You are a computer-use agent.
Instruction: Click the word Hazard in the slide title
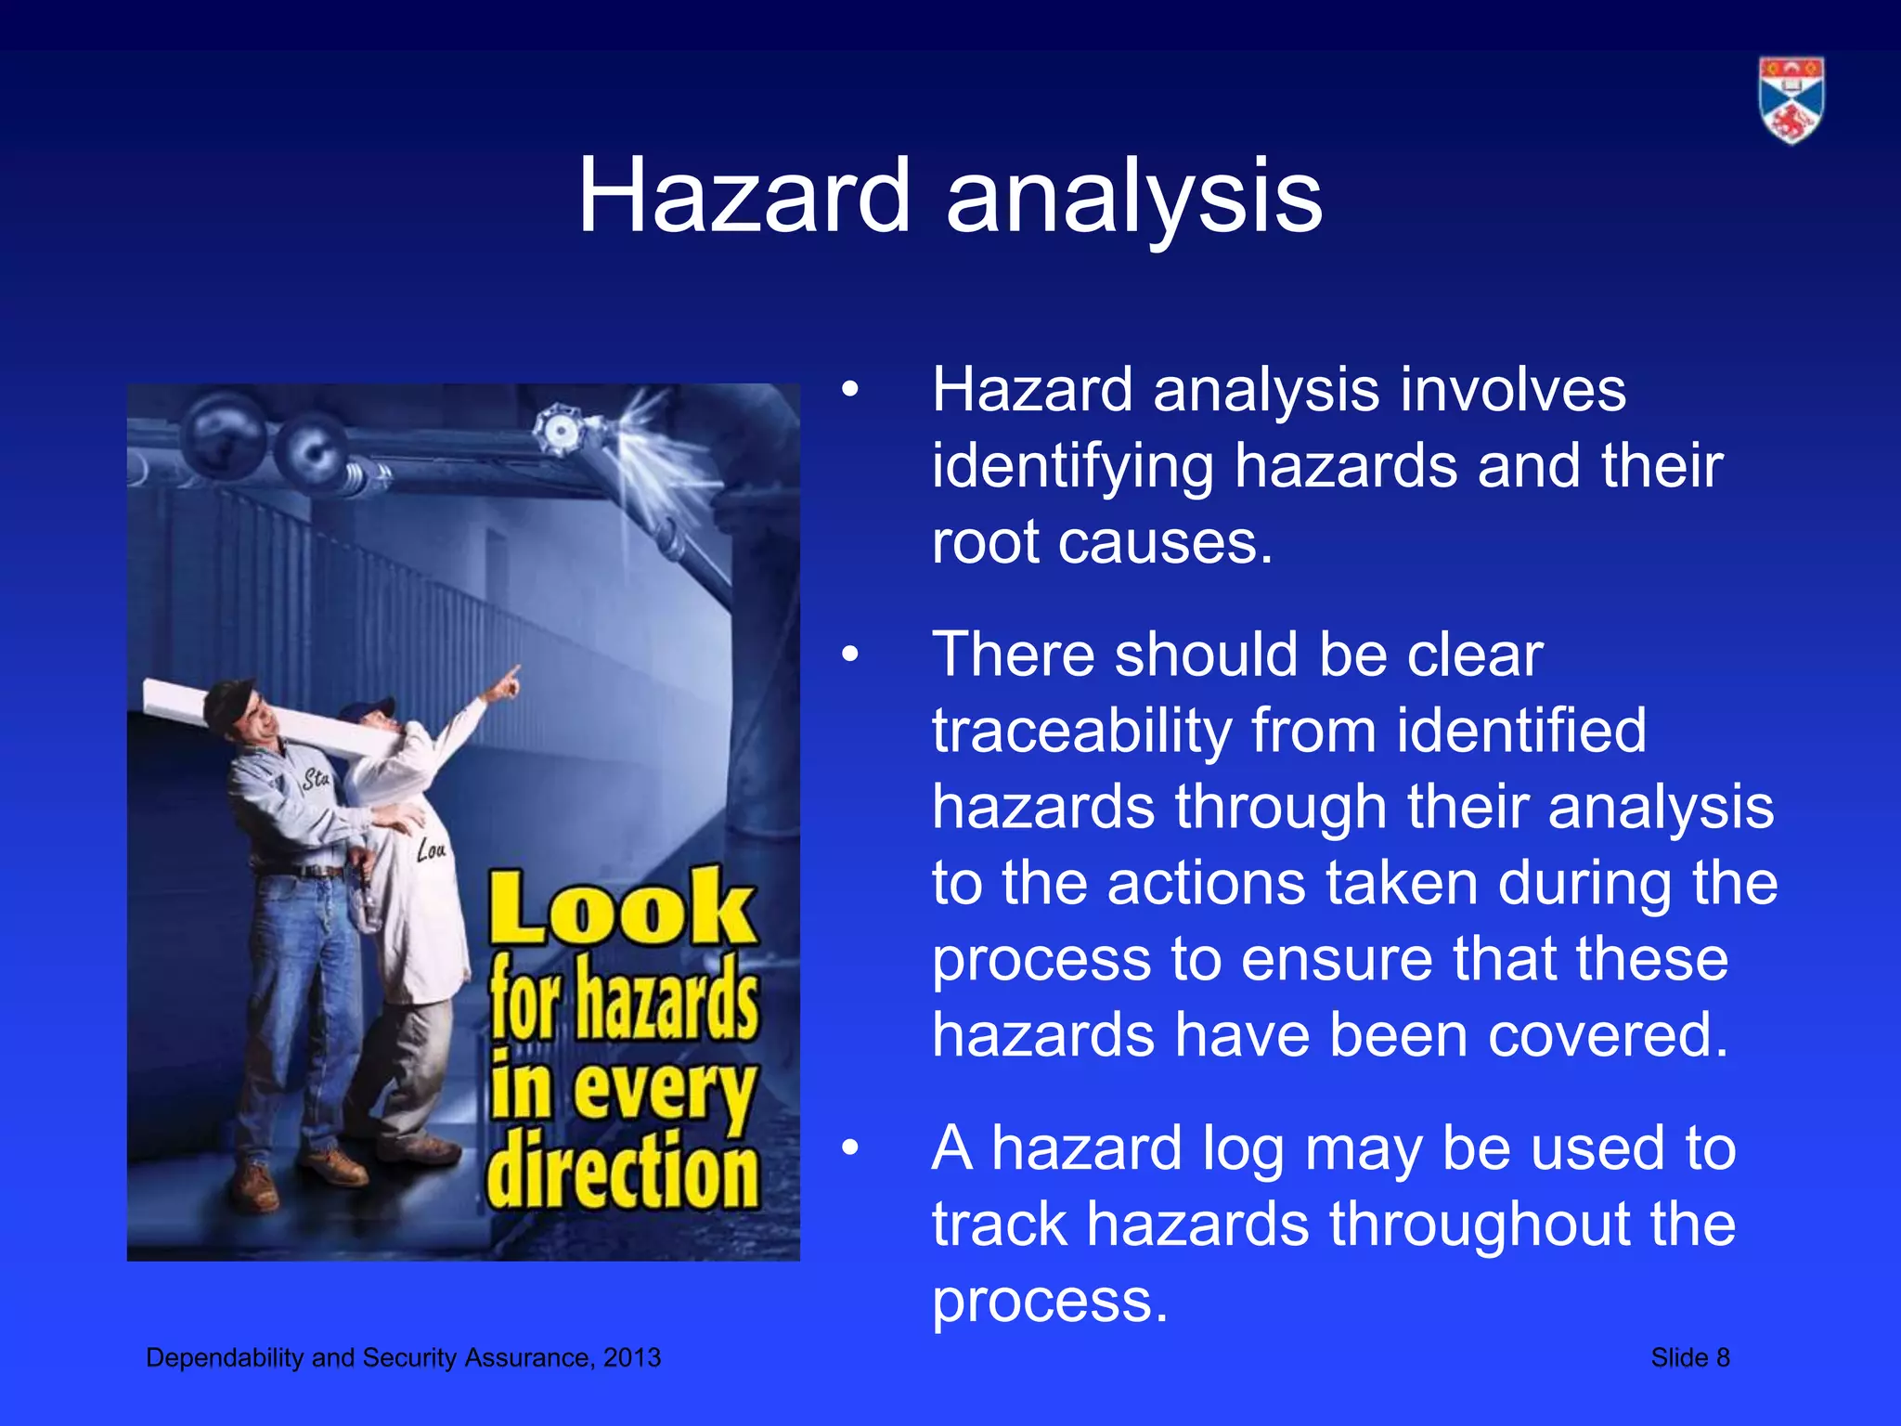point(744,197)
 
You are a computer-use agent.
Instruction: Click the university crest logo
point(1791,100)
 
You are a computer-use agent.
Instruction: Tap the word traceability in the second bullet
point(1080,732)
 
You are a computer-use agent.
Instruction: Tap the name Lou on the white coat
point(431,849)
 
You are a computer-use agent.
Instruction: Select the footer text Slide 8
point(1689,1358)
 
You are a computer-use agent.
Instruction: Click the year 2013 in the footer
point(632,1358)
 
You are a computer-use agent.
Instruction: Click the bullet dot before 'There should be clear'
point(850,655)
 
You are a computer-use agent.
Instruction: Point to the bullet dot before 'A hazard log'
point(850,1149)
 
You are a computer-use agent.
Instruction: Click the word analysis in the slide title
point(1133,197)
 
